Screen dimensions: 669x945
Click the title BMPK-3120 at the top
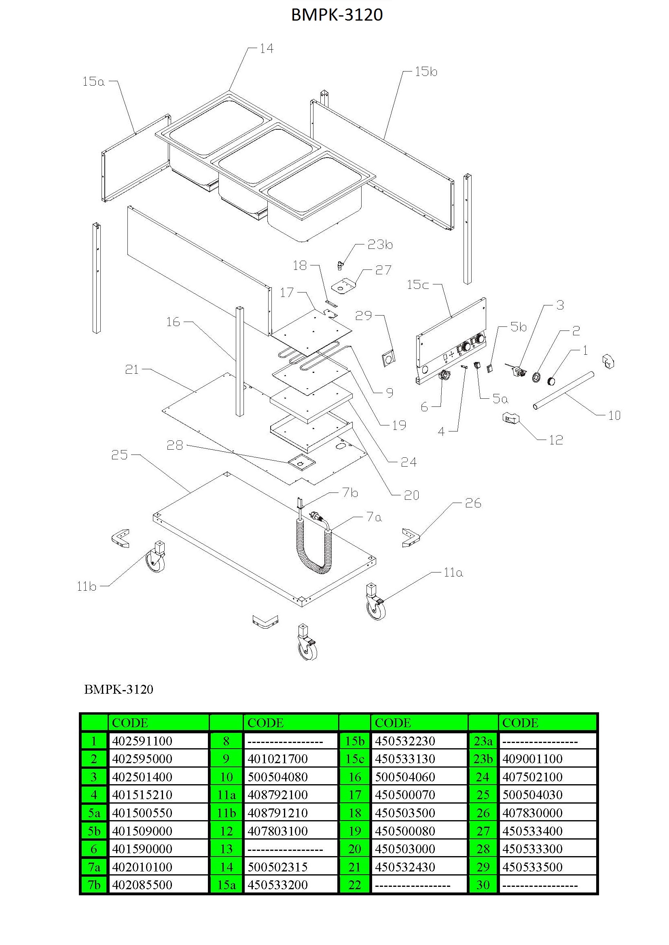[x=337, y=15]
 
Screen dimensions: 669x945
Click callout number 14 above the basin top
[x=267, y=48]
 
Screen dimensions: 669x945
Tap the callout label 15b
[x=426, y=72]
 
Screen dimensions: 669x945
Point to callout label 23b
[x=380, y=244]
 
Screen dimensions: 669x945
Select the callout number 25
[x=119, y=455]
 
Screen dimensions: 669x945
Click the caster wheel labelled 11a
[x=376, y=602]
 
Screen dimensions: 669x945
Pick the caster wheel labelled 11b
[x=156, y=556]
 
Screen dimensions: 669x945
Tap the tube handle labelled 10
[x=563, y=391]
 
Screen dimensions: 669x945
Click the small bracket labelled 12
[x=511, y=419]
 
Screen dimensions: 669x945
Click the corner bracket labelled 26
[x=411, y=538]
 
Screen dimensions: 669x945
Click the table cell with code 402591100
[x=158, y=741]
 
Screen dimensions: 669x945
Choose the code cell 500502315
[x=291, y=867]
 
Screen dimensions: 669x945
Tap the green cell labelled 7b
[x=94, y=885]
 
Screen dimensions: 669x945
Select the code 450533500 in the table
[x=548, y=867]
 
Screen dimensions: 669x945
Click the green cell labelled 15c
[x=355, y=759]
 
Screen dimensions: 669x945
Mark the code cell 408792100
[x=291, y=795]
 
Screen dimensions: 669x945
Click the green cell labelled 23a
[x=483, y=741]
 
